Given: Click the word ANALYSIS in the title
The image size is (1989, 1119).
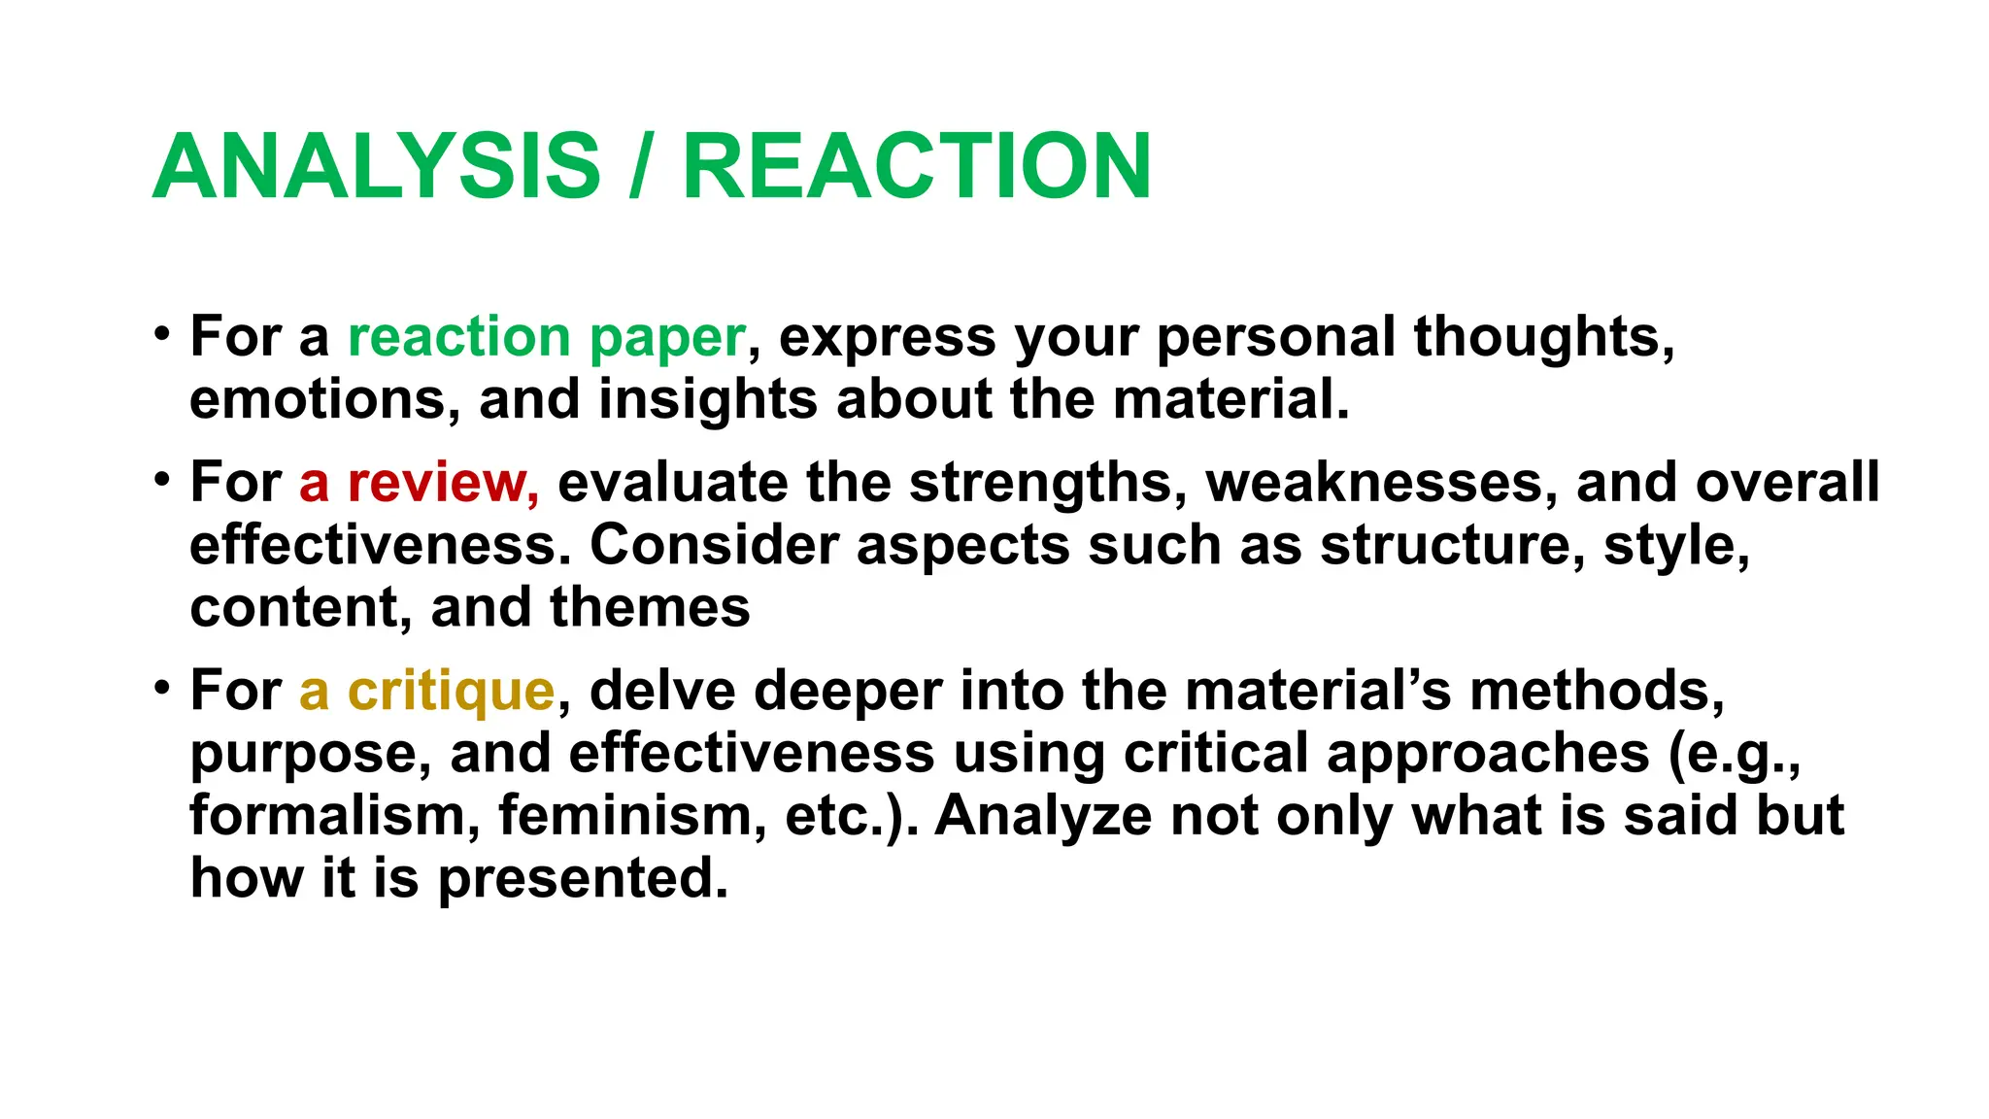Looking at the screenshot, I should pos(377,166).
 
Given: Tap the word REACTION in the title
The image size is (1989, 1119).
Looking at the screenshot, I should pos(917,166).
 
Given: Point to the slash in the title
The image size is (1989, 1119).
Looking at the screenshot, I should pos(639,166).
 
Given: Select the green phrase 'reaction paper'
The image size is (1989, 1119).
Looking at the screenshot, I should pos(547,338).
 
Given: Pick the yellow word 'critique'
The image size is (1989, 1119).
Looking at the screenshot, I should pos(451,692).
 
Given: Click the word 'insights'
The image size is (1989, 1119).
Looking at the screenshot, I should pos(707,400).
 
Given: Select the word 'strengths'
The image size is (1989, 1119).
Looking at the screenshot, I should pos(1047,483).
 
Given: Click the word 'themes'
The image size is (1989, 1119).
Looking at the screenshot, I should pos(650,608).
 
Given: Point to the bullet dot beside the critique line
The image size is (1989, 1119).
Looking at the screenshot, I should pos(162,688).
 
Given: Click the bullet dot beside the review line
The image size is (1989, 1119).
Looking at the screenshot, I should pos(162,479).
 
